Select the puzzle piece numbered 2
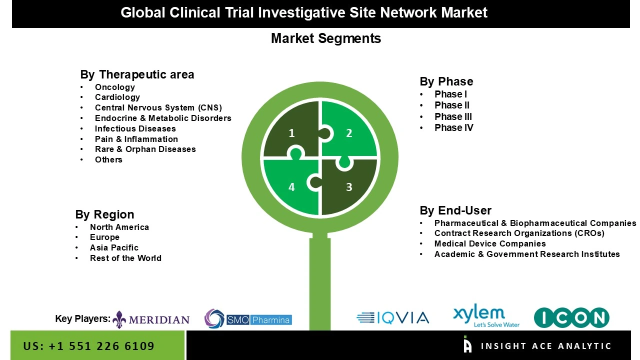(x=350, y=131)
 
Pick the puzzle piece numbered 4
(x=290, y=188)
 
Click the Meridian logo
(x=151, y=319)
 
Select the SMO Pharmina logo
(x=248, y=319)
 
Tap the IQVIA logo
(x=393, y=318)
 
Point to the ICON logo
(x=571, y=318)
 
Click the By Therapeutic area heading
(x=137, y=74)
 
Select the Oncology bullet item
(x=115, y=87)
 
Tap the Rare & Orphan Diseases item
(x=145, y=149)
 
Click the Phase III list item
(x=453, y=116)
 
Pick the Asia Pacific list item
(x=114, y=247)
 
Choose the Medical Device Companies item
(x=490, y=243)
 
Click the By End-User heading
(x=455, y=210)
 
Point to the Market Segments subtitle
(x=326, y=38)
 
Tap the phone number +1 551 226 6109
(x=89, y=346)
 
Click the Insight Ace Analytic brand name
(x=546, y=346)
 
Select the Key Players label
(x=82, y=318)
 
